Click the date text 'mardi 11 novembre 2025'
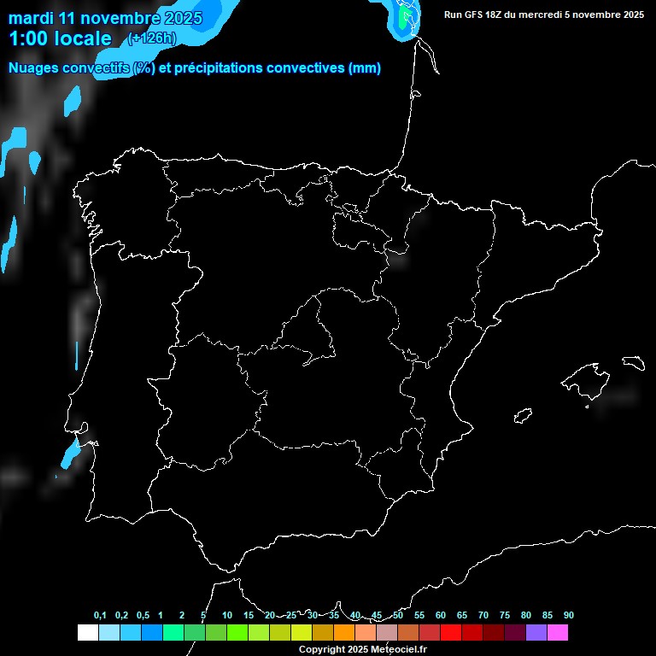click(105, 18)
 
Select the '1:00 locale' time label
click(60, 38)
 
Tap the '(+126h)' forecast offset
click(151, 38)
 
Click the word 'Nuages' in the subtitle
click(35, 68)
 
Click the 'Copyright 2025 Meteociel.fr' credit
click(362, 649)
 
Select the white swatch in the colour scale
click(87, 633)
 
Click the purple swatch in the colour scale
click(536, 633)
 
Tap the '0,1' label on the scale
click(100, 616)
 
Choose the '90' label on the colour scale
click(569, 616)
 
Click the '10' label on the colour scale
click(227, 616)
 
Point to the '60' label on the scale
click(441, 616)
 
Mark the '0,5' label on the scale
click(143, 616)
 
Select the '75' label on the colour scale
click(505, 616)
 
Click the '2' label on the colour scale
click(182, 616)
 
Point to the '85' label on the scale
click(548, 616)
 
